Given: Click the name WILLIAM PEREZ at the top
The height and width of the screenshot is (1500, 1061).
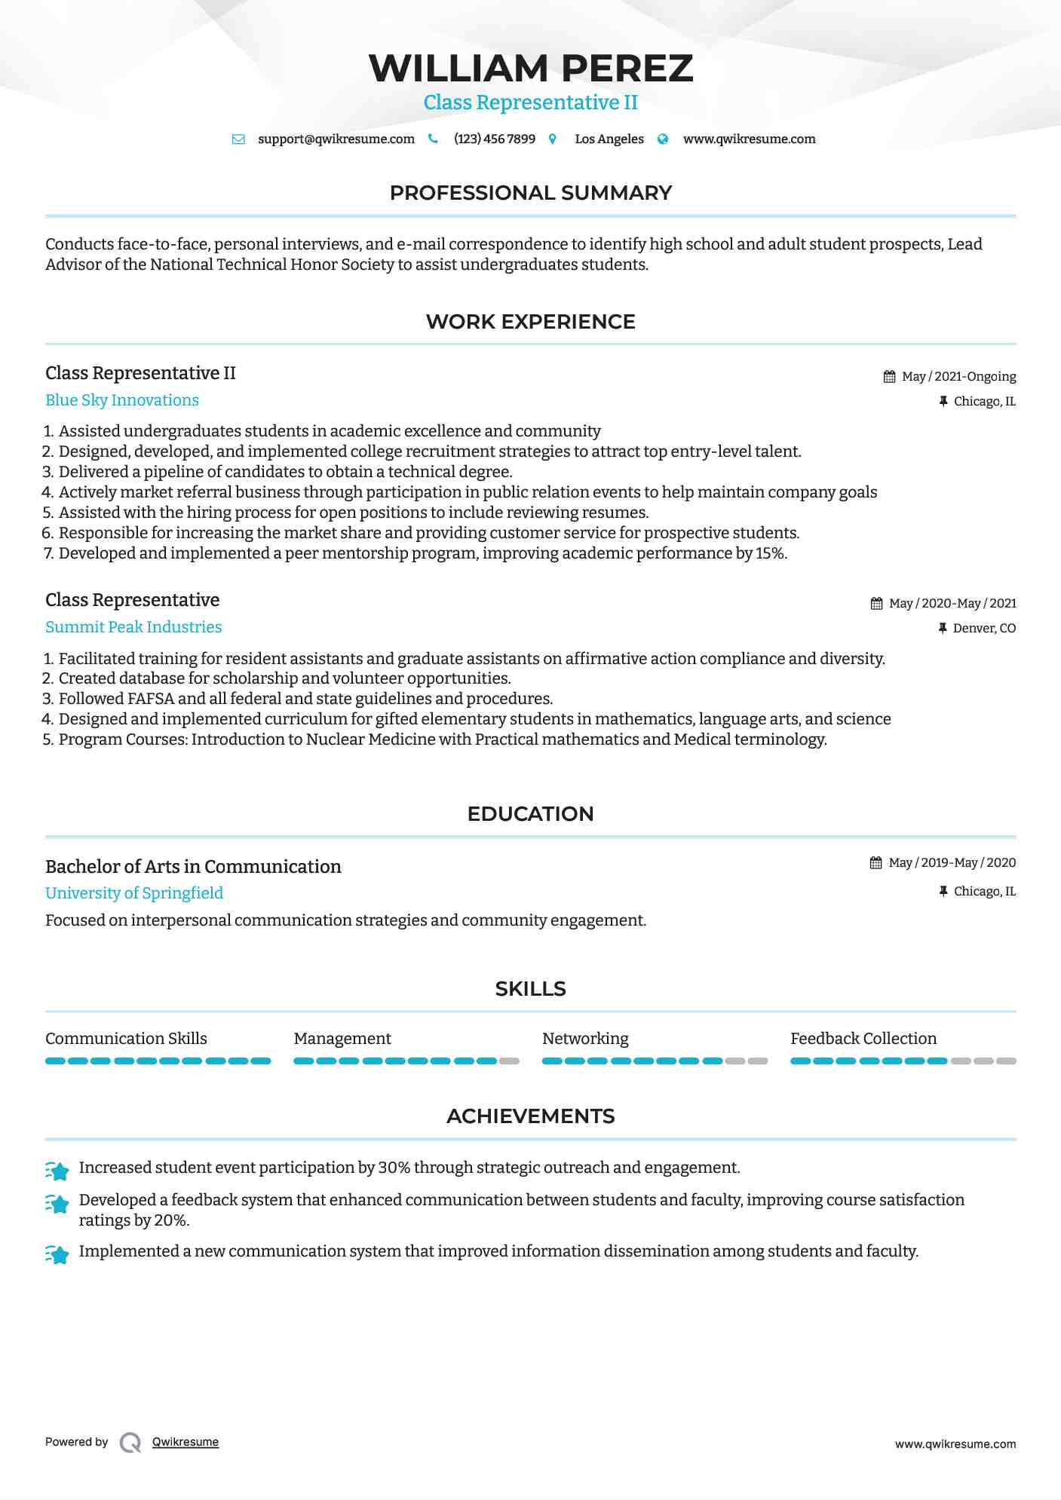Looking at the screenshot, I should (x=530, y=69).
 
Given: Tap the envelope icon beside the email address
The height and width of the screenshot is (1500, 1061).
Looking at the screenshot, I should (x=238, y=139).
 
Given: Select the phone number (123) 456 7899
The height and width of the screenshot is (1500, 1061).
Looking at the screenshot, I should (x=495, y=139).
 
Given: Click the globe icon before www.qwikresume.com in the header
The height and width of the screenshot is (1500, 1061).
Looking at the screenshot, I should (x=663, y=139).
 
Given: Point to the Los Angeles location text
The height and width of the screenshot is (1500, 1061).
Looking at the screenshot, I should (x=609, y=139).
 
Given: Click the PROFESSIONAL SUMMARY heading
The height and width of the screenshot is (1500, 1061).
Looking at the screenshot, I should (x=530, y=193).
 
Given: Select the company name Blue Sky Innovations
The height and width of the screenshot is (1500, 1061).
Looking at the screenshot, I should (x=122, y=400).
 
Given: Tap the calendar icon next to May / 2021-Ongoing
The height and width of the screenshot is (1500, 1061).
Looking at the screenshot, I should (x=890, y=377).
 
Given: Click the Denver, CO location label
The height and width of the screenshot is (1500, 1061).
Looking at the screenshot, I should (x=984, y=629).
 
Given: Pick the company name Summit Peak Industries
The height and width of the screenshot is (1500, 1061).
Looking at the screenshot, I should (x=133, y=627).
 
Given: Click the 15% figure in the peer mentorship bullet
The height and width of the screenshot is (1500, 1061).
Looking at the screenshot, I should (x=771, y=554).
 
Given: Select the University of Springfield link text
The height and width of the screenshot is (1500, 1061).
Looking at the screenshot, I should (x=134, y=893).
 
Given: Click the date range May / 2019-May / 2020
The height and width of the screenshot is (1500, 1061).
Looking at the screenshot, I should (x=952, y=863).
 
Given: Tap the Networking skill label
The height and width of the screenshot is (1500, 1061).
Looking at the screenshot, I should (x=585, y=1039).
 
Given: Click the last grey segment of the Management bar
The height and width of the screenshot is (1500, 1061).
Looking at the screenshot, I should (x=510, y=1061).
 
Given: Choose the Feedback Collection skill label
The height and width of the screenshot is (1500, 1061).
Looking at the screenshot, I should (x=863, y=1039).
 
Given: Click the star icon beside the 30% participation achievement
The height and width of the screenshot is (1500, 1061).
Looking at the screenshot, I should (x=57, y=1171).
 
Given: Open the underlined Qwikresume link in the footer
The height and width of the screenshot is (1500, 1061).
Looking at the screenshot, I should (x=186, y=1442).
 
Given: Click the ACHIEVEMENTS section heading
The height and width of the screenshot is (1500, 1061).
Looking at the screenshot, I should (x=530, y=1116).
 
